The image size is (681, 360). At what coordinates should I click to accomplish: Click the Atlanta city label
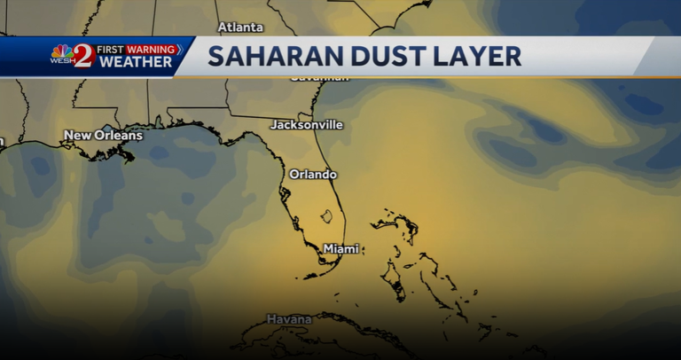240,27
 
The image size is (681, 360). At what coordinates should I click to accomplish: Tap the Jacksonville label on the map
306,125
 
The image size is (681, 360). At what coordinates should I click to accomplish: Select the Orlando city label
313,174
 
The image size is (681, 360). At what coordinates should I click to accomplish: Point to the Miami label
340,249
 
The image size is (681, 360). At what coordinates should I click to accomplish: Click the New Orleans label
103,136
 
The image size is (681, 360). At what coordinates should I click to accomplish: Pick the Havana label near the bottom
289,318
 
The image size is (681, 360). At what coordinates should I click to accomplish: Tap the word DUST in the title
389,56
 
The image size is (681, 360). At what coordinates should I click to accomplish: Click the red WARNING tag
151,49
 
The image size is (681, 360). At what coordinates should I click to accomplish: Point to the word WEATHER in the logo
136,62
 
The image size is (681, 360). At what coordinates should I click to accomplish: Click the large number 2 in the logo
83,56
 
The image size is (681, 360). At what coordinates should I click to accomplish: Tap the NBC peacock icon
62,51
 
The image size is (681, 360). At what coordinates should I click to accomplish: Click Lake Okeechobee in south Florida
326,215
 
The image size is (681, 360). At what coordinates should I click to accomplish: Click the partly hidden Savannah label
319,79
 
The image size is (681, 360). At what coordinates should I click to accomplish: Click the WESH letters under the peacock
62,62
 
